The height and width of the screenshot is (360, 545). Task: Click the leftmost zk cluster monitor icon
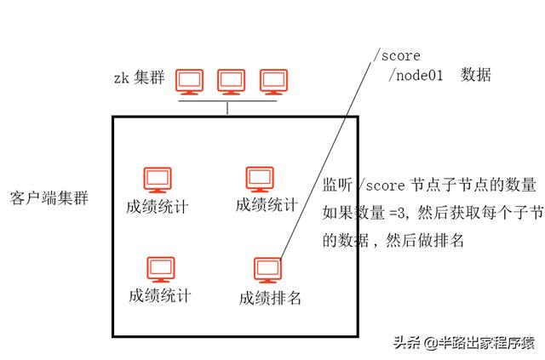pyautogui.click(x=189, y=82)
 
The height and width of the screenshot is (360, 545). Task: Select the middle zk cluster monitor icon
pyautogui.click(x=231, y=82)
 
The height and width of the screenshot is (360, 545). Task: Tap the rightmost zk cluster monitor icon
pyautogui.click(x=272, y=82)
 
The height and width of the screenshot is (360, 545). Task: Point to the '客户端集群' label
pyautogui.click(x=48, y=197)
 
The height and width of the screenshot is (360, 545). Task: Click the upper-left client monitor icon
pyautogui.click(x=157, y=180)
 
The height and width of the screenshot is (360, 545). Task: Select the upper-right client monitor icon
pyautogui.click(x=259, y=178)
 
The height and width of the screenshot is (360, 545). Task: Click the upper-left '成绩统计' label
pyautogui.click(x=157, y=206)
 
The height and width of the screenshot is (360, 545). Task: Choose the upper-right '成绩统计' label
pyautogui.click(x=267, y=204)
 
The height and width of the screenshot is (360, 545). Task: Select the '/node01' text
pyautogui.click(x=418, y=76)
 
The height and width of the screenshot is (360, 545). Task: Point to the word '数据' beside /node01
pyautogui.click(x=476, y=76)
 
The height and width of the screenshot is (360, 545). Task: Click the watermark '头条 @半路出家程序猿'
pyautogui.click(x=463, y=343)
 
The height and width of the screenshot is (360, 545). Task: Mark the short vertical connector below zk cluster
pyautogui.click(x=229, y=108)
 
